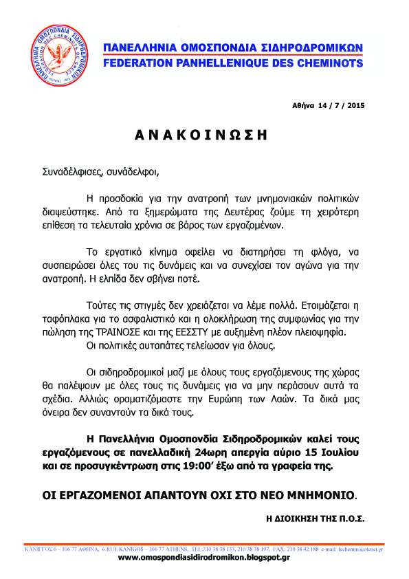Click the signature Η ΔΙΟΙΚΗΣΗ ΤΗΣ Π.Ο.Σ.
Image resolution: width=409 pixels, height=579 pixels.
click(x=315, y=516)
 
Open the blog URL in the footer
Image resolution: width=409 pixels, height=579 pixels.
click(x=203, y=558)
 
